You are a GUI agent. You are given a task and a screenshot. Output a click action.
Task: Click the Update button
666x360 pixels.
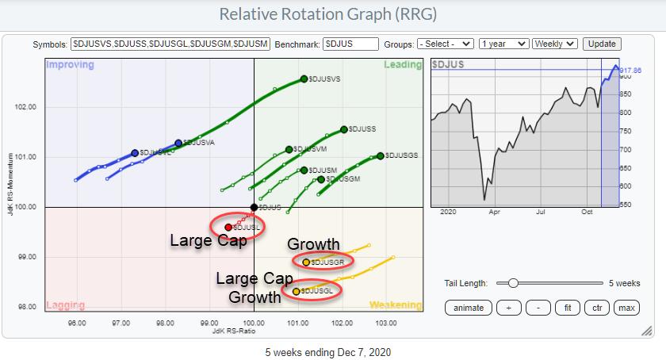[x=601, y=44]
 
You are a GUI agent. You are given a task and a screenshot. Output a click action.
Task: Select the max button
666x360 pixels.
[x=626, y=307]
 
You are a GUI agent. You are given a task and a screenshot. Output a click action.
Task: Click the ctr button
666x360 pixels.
[x=596, y=307]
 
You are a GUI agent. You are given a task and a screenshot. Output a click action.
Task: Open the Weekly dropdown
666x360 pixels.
[x=554, y=44]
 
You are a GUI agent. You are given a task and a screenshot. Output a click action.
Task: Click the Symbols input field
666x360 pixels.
[x=170, y=44]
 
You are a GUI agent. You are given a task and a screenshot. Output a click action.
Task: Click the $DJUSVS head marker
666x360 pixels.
[x=304, y=79]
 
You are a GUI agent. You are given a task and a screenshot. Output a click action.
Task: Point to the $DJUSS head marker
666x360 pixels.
[x=344, y=129]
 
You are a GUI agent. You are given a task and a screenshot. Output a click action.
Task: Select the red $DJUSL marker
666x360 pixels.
[x=228, y=228]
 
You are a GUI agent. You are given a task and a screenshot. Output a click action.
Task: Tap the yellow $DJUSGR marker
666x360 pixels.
[x=306, y=262]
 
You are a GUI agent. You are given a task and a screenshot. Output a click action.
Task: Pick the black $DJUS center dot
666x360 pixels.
[x=254, y=207]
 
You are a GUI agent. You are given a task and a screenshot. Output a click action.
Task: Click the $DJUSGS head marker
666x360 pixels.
[x=381, y=155]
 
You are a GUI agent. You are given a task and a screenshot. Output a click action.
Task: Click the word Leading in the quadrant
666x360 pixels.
[x=403, y=64]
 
